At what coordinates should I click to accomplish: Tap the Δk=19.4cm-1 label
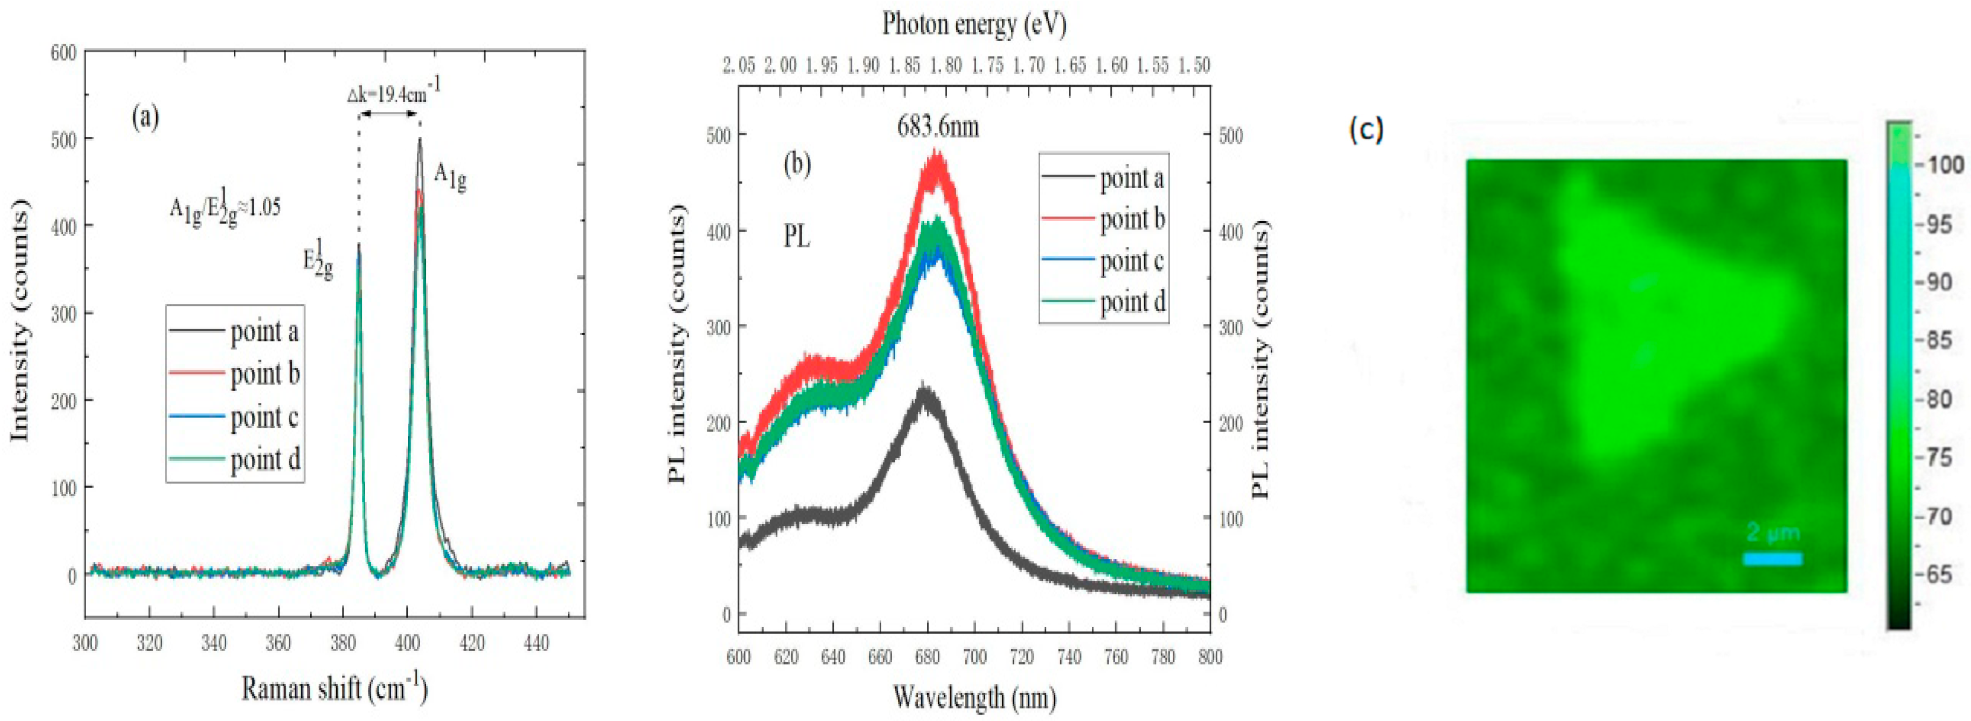[393, 93]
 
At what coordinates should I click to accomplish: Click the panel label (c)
[1366, 131]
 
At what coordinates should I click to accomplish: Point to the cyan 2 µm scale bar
[1772, 559]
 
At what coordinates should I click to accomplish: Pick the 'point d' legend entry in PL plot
[1132, 302]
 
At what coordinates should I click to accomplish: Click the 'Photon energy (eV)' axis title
[973, 24]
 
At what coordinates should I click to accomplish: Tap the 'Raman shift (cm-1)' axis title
[335, 689]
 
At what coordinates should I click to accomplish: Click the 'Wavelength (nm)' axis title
[973, 697]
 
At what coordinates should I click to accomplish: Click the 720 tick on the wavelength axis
[1021, 657]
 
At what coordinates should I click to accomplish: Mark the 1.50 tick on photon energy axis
[1194, 66]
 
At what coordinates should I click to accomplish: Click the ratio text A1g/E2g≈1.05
[224, 207]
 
